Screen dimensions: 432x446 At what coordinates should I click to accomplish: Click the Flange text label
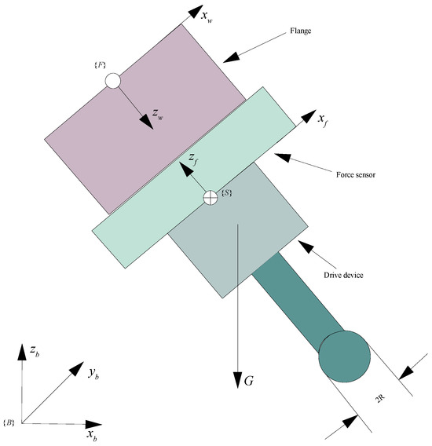click(x=301, y=31)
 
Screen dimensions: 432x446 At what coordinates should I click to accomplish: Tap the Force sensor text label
click(x=356, y=174)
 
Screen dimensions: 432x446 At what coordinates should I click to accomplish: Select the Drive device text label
click(x=343, y=275)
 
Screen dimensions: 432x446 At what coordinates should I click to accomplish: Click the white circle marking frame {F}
click(x=112, y=81)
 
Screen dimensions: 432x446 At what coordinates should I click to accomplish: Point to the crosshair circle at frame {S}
click(x=211, y=197)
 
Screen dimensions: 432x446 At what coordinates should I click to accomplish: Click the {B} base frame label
click(x=9, y=422)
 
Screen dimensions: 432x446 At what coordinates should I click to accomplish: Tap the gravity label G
click(x=248, y=381)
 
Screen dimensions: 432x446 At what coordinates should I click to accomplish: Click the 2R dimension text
click(x=380, y=398)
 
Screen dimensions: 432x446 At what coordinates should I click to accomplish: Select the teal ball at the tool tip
click(x=344, y=356)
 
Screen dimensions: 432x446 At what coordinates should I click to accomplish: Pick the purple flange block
click(x=145, y=119)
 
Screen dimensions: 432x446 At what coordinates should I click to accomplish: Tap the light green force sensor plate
click(x=193, y=177)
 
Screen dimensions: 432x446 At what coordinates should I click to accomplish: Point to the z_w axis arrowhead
click(x=147, y=122)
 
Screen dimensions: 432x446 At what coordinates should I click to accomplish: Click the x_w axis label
click(x=207, y=16)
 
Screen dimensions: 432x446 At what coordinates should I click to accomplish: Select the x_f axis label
click(x=322, y=119)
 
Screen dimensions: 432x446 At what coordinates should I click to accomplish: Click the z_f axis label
click(x=193, y=159)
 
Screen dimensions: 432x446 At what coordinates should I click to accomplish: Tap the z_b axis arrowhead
click(x=22, y=352)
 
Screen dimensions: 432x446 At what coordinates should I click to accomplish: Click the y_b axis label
click(x=93, y=373)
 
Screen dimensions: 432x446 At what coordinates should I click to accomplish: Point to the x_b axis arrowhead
click(x=93, y=424)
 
